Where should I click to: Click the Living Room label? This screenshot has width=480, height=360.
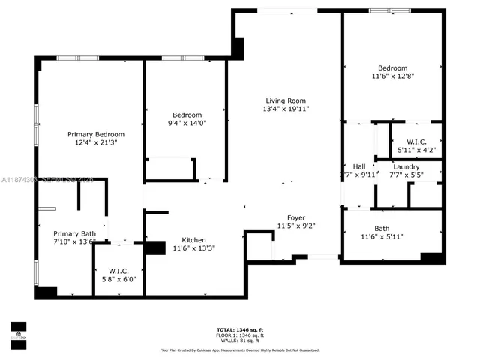(286, 100)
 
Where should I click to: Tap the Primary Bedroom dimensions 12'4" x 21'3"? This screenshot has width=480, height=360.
(96, 142)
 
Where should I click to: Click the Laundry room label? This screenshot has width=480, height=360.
(406, 166)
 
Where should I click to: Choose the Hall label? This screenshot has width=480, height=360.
(358, 166)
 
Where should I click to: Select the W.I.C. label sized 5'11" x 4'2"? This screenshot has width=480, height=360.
(417, 142)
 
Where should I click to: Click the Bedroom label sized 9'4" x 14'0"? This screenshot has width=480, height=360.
(184, 115)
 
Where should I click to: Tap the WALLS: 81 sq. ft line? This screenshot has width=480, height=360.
(240, 341)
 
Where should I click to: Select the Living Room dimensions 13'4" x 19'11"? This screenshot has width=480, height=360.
(286, 109)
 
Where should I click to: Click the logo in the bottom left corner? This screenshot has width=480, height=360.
(18, 331)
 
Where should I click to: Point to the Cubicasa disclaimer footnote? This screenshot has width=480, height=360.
(240, 350)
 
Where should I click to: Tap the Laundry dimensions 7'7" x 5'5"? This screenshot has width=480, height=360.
(406, 175)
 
